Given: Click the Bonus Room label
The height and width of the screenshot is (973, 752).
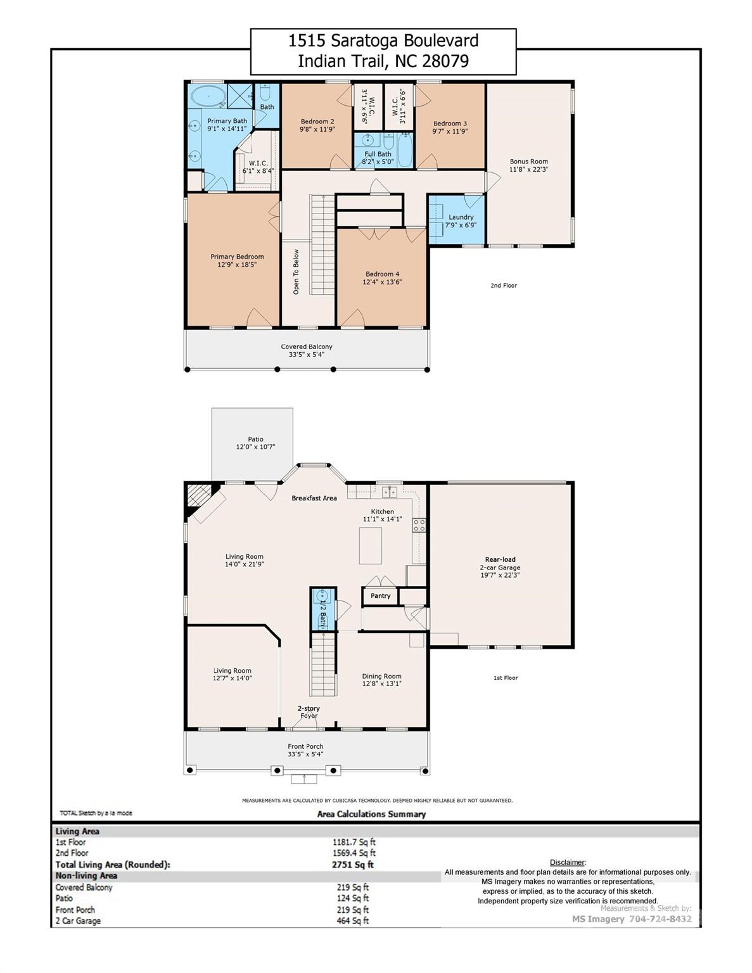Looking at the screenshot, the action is click(528, 161).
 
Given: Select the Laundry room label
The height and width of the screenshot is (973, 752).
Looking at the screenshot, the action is click(461, 217).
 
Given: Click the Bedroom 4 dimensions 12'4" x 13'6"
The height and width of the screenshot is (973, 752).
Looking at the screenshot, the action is click(382, 282).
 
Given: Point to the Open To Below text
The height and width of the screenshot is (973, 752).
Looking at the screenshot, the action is click(296, 272).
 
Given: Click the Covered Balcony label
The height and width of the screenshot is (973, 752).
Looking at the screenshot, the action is click(307, 347).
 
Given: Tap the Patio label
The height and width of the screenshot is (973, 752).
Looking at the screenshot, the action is click(255, 439).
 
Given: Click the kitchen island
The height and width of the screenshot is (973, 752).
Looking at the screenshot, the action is click(371, 545).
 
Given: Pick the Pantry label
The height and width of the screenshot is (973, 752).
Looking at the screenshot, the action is click(381, 596).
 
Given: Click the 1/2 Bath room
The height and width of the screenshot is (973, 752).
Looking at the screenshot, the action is click(323, 609).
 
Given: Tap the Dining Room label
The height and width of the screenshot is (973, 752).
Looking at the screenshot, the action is click(381, 676).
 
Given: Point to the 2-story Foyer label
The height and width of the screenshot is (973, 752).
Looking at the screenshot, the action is click(309, 712).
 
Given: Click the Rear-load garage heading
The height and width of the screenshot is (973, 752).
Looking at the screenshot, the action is click(500, 559).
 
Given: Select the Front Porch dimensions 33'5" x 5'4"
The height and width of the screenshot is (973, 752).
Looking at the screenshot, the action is click(306, 754).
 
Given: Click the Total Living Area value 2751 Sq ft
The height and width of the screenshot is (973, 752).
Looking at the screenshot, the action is click(353, 865).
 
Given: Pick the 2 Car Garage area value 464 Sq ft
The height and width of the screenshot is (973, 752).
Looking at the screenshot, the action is click(353, 920).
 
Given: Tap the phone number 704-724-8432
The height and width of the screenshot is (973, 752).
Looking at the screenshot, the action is click(660, 919).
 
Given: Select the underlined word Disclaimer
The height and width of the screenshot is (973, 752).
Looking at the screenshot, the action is click(568, 862).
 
